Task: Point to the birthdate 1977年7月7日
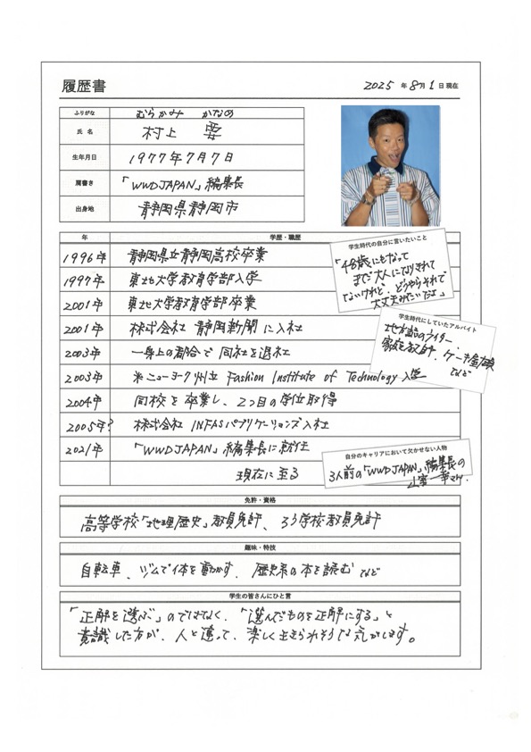click(x=181, y=157)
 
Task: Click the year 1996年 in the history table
click(x=84, y=256)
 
